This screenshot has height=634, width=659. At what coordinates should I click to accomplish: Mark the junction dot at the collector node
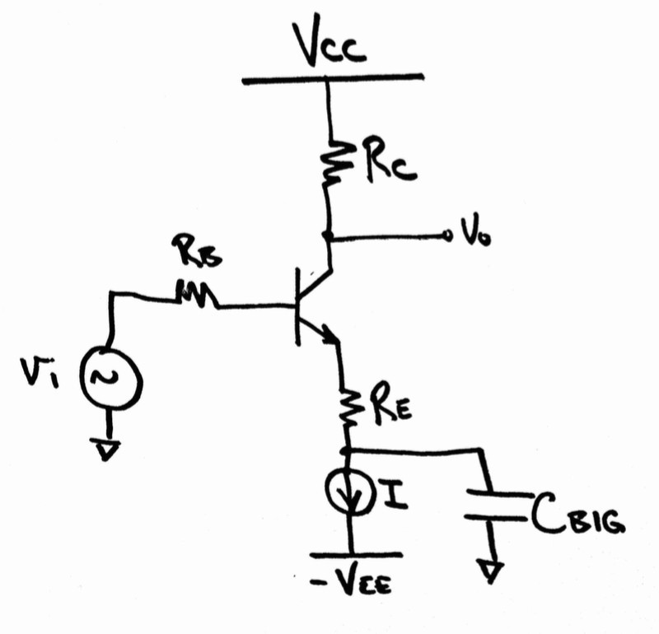tap(329, 237)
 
